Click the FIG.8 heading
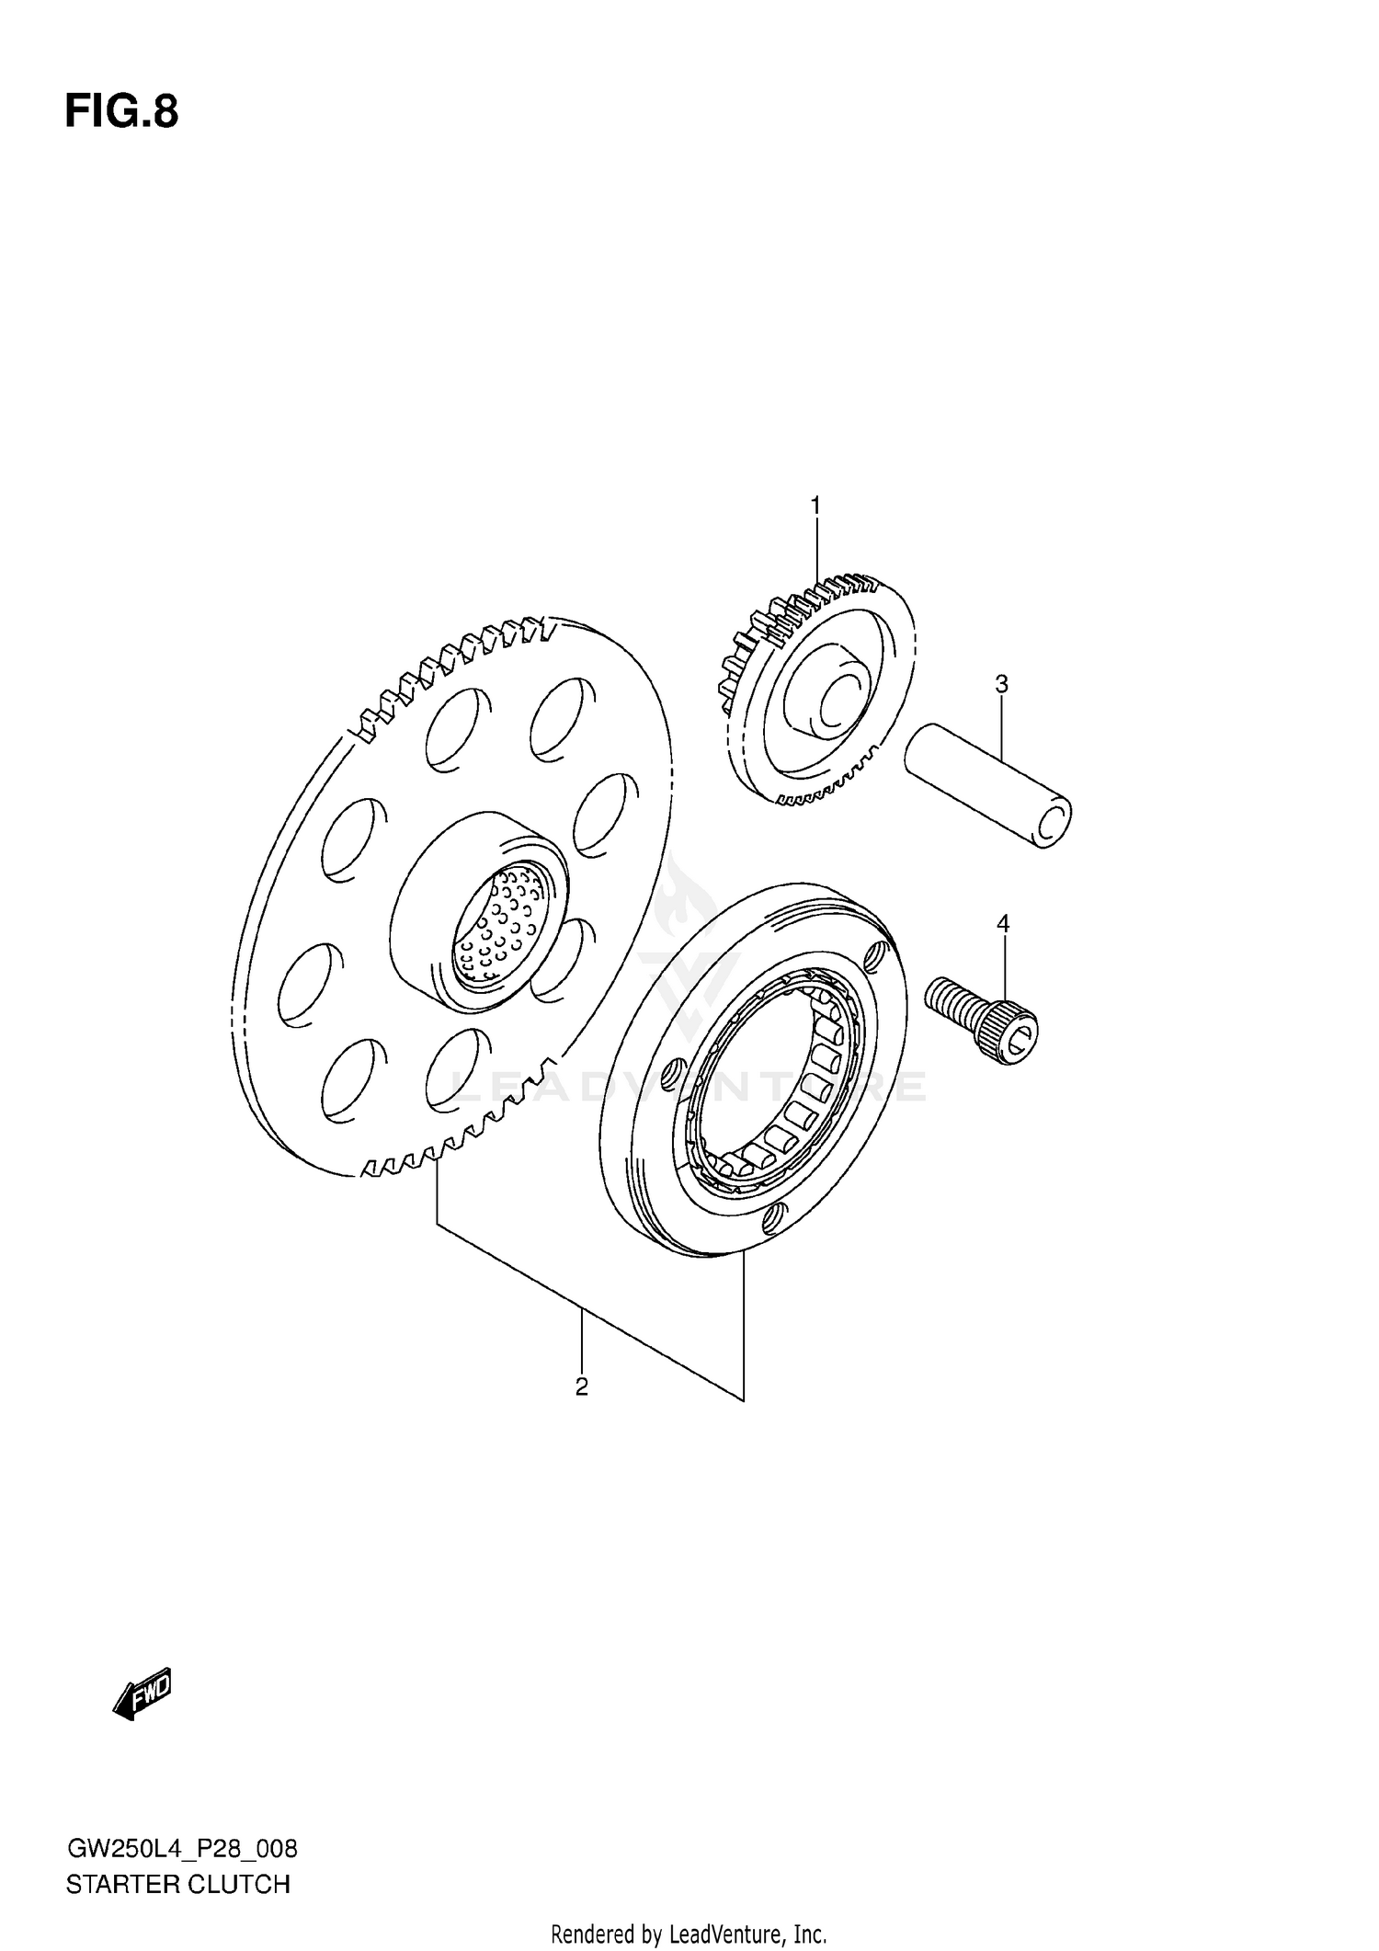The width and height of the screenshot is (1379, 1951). click(x=121, y=112)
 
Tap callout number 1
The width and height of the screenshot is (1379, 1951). click(x=815, y=505)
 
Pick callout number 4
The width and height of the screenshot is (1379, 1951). click(x=1003, y=923)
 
